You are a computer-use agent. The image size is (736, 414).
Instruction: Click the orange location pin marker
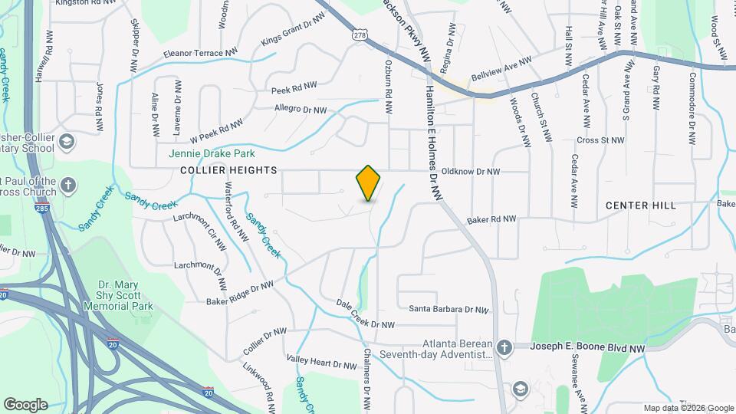[x=368, y=182]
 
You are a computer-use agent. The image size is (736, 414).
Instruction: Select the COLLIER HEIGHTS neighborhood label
[x=216, y=170]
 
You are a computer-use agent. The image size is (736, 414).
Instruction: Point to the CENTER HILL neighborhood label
[x=641, y=205]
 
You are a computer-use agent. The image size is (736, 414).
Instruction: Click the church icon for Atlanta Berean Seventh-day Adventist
[x=504, y=348]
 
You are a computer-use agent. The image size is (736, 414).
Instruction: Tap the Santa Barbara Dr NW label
[x=449, y=310]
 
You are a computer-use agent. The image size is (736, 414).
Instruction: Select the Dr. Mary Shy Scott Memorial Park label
[x=125, y=295]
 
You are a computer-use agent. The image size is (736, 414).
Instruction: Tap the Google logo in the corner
[x=25, y=404]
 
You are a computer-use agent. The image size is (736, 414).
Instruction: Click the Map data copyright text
[x=688, y=409]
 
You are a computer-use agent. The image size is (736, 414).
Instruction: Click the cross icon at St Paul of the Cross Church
[x=69, y=185]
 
